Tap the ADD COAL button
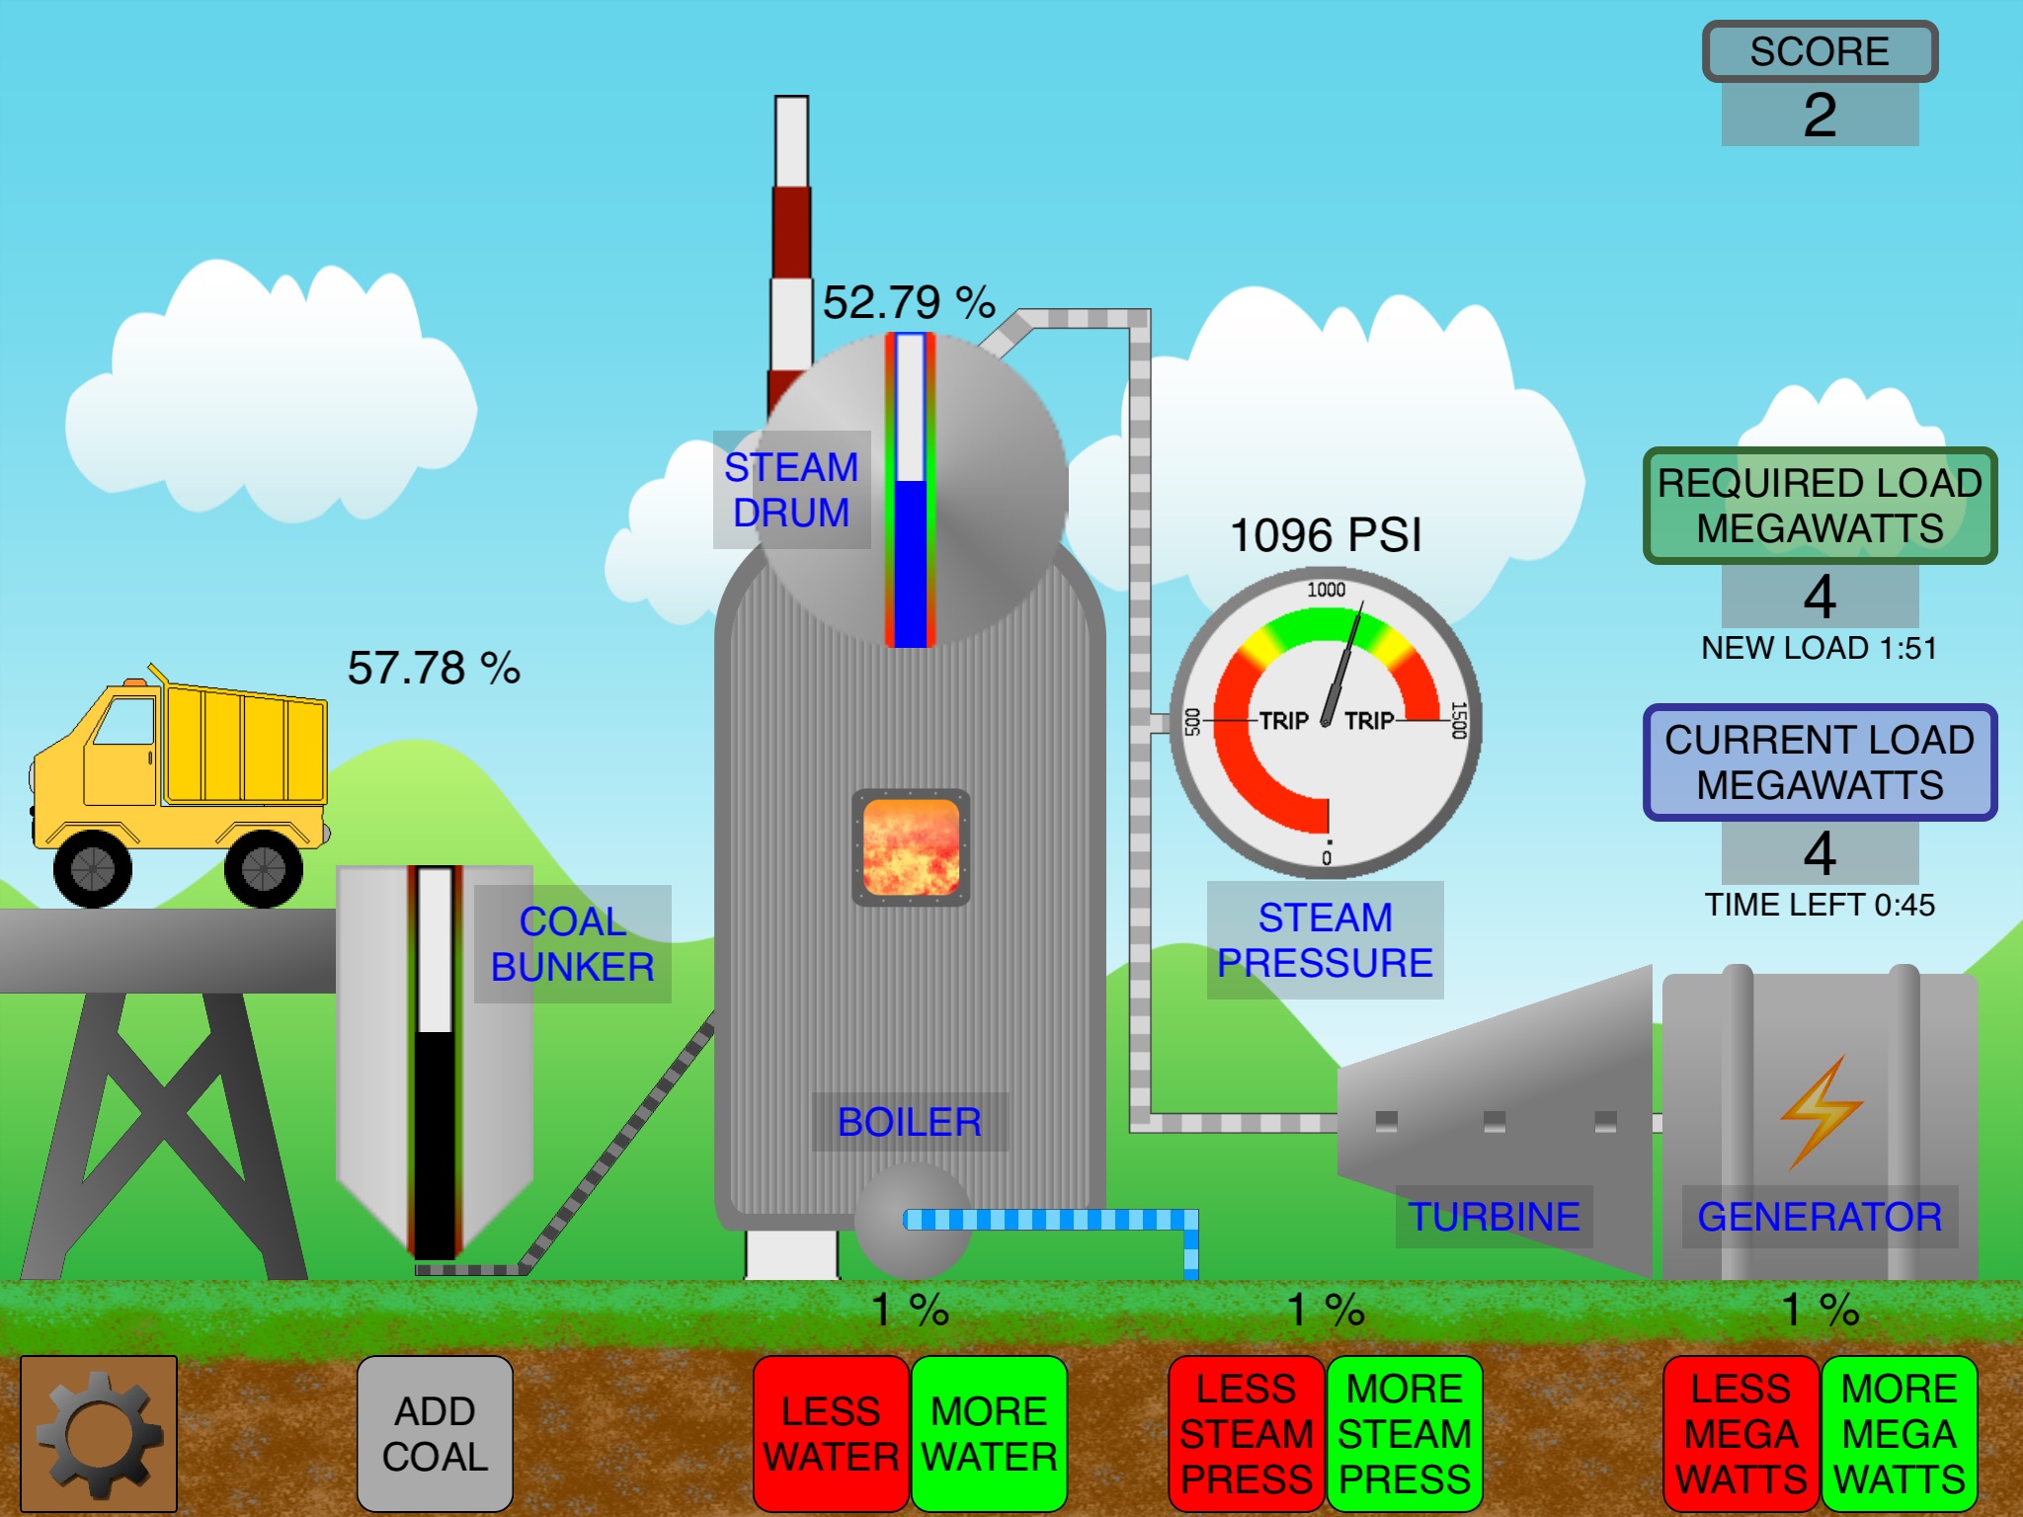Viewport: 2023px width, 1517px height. [435, 1433]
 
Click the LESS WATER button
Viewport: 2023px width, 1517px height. [831, 1433]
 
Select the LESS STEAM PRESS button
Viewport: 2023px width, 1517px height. [1246, 1433]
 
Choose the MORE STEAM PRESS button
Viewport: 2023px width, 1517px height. [1405, 1433]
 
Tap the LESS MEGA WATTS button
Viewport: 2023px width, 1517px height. [1740, 1433]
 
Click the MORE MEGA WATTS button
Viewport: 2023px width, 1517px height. [1899, 1433]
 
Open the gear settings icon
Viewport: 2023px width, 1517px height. [98, 1433]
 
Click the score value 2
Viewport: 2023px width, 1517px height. [1820, 115]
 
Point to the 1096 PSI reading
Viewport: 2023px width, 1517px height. [1326, 535]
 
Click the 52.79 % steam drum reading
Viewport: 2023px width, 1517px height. [909, 302]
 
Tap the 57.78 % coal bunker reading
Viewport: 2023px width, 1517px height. [434, 669]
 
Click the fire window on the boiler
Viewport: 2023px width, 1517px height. [911, 847]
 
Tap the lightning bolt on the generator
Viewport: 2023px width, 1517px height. [1821, 1111]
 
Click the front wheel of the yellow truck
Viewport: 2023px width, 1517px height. [93, 868]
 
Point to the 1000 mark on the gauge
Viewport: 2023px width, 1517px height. [1326, 590]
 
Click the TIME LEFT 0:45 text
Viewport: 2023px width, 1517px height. [1820, 905]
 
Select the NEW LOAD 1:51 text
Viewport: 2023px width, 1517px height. [1820, 648]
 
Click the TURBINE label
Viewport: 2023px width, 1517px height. [1494, 1217]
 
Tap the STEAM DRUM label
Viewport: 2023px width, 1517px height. [791, 490]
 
